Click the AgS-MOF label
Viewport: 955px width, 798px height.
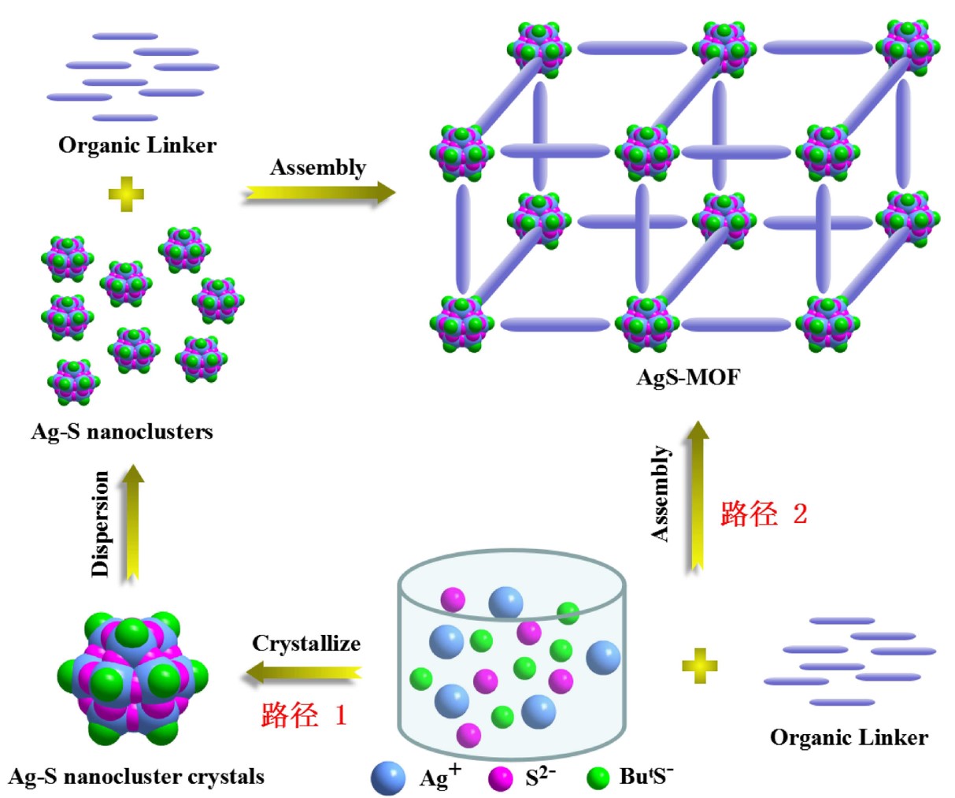(x=688, y=377)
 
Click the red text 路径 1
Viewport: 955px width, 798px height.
(x=303, y=715)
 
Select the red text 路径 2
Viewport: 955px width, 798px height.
(x=764, y=514)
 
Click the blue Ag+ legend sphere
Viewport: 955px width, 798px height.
(x=387, y=778)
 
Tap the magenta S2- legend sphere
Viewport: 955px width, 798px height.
(x=501, y=778)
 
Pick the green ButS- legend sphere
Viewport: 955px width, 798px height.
(x=598, y=778)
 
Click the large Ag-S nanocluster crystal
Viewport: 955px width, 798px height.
(x=132, y=678)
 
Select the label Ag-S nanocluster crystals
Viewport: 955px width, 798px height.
(x=136, y=777)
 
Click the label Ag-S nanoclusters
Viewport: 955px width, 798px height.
(x=122, y=432)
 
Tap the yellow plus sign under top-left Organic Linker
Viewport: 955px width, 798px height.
(x=126, y=195)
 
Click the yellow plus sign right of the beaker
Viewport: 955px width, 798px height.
(x=699, y=666)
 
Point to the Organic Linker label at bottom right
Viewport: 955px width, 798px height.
(x=849, y=737)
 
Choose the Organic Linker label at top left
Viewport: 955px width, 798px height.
(x=137, y=145)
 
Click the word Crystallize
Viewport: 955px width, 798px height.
(x=306, y=644)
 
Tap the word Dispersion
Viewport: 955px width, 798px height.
(x=101, y=523)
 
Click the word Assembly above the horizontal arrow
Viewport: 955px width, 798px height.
(x=318, y=168)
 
